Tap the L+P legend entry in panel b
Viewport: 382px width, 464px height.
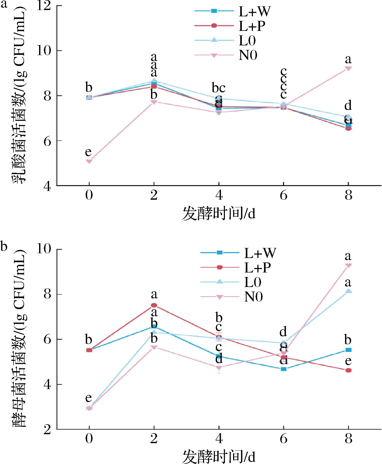(238, 267)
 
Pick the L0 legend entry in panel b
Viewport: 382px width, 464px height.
(238, 282)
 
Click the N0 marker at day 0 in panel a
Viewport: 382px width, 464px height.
(89, 161)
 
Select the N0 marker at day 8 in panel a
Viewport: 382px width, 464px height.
(348, 68)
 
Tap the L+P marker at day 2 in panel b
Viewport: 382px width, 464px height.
(154, 305)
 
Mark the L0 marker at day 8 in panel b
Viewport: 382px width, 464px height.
(348, 291)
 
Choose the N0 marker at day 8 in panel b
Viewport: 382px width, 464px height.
(348, 265)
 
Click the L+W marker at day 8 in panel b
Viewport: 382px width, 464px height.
(348, 350)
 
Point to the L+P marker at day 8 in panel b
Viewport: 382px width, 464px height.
(348, 370)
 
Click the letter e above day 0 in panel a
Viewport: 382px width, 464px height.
(89, 152)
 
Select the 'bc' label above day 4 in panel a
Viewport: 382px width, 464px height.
(219, 88)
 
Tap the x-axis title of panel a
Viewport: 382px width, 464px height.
(219, 214)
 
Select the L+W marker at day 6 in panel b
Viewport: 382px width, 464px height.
(284, 369)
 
